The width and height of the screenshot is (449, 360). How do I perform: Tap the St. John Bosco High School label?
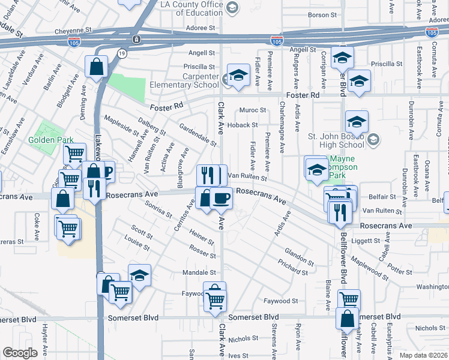tap(336, 140)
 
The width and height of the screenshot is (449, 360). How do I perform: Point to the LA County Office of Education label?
tap(192, 8)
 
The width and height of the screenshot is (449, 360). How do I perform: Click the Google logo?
tap(20, 353)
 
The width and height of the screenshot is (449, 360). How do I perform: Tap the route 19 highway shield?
tap(122, 53)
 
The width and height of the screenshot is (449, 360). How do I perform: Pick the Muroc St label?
tap(252, 110)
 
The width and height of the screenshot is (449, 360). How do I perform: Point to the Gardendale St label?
tap(197, 134)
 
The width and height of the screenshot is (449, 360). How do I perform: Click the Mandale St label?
tap(199, 272)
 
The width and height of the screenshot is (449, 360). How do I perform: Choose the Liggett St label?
tap(361, 240)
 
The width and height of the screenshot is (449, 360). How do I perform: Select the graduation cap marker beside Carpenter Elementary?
tap(239, 76)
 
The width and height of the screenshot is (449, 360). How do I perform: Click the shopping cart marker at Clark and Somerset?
tap(215, 300)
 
